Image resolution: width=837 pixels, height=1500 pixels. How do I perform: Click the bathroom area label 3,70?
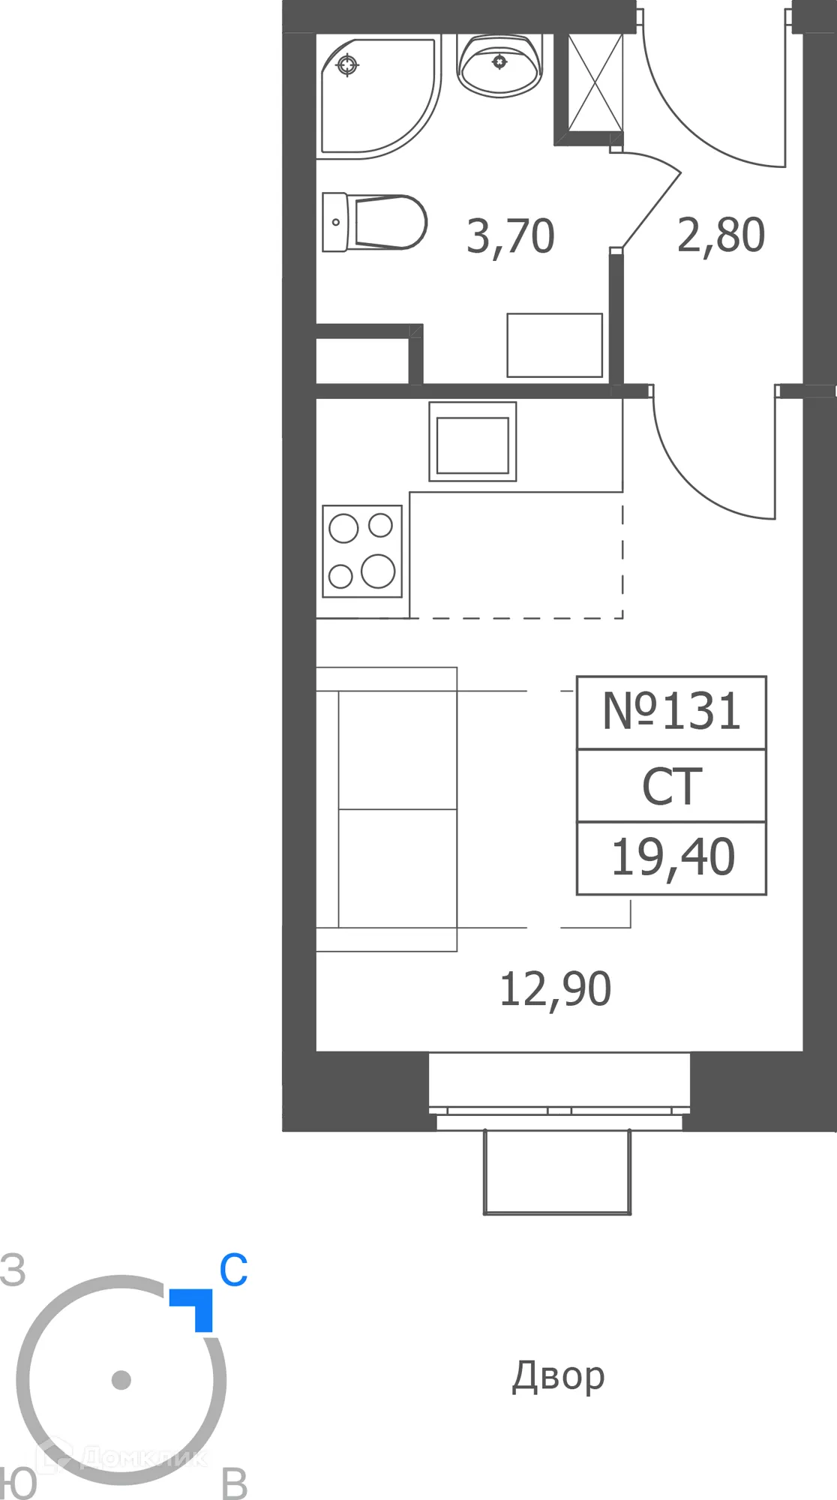tap(510, 237)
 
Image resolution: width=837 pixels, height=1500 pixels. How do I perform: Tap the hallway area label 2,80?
tap(721, 235)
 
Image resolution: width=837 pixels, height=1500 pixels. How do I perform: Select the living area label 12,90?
tap(555, 989)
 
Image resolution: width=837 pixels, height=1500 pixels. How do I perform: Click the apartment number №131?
tap(671, 712)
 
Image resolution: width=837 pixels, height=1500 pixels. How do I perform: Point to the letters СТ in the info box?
tap(672, 787)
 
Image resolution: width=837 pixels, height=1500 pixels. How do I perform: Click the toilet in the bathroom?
tap(375, 223)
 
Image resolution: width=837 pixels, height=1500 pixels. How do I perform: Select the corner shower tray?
tap(375, 94)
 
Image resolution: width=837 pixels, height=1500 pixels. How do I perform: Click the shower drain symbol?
tap(346, 65)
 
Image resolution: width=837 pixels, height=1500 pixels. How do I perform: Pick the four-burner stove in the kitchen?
tap(362, 551)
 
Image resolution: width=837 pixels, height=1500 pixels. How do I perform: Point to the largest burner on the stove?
tap(378, 571)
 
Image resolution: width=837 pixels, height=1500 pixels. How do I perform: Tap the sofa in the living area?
tap(387, 809)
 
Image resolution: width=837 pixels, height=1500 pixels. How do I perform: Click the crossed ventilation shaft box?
tap(595, 82)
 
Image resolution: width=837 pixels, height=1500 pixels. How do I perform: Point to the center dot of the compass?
tap(121, 1380)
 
